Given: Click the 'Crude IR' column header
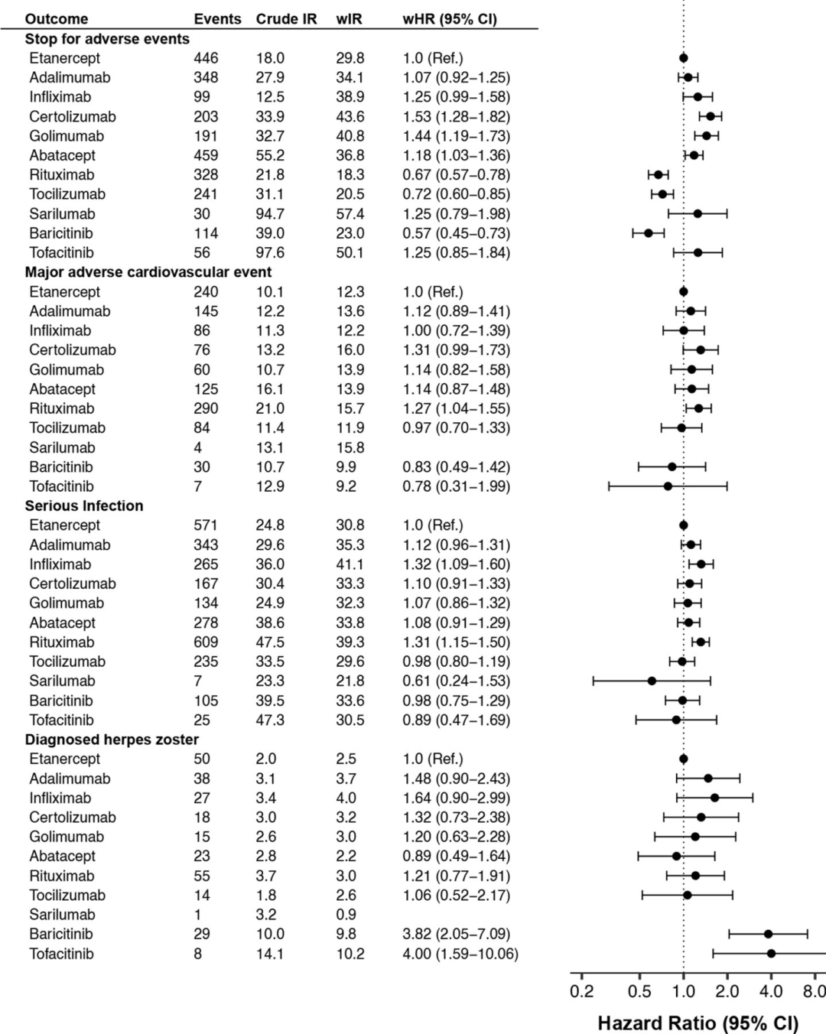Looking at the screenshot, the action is (286, 19).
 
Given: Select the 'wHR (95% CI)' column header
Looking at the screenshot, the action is (450, 19).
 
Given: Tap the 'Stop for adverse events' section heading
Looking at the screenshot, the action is (107, 39).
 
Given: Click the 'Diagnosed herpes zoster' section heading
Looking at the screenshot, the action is (112, 740).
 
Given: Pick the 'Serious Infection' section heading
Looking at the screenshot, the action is (84, 506).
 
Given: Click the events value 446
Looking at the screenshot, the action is (206, 58).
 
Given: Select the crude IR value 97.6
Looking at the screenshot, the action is (270, 252).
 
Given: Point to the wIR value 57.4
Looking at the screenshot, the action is (350, 214).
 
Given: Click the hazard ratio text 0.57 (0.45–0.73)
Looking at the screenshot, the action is (457, 233).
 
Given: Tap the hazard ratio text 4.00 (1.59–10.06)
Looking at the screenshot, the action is (461, 954).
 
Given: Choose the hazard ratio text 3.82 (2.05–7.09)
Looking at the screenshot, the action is (457, 934).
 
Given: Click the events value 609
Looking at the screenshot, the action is (206, 642).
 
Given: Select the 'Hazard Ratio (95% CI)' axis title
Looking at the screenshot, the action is (698, 1023).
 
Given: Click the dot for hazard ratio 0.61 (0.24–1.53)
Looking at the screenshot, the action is (652, 681).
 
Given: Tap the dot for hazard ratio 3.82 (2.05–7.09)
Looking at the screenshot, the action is (769, 934).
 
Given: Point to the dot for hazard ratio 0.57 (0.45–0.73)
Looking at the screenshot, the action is (649, 233).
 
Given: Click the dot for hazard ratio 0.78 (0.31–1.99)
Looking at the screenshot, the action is (668, 486).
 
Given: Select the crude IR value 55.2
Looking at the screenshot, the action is (270, 156).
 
